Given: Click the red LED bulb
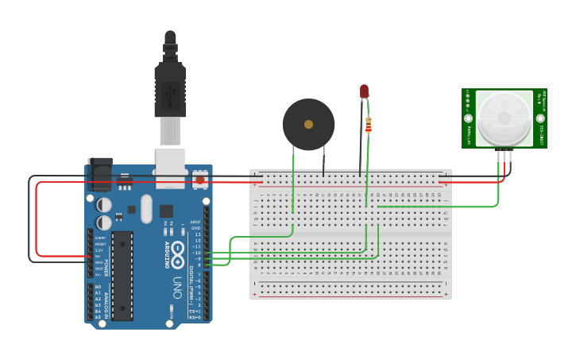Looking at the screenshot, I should tap(365, 91).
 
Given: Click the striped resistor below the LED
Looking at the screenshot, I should tap(368, 125).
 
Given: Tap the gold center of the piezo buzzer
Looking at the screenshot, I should tap(308, 124).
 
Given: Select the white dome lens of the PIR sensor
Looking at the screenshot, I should tap(504, 118).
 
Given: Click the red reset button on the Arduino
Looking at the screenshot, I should tap(199, 180).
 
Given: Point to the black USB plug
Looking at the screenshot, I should tap(170, 87).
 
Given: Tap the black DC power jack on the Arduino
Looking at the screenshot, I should tap(100, 175).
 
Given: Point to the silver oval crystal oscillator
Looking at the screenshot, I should tap(146, 209).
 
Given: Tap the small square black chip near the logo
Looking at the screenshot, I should tap(166, 211).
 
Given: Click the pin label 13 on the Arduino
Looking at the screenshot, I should tap(197, 234).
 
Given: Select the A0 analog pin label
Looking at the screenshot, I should tap(98, 286).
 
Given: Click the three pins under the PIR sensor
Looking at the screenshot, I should tap(504, 156).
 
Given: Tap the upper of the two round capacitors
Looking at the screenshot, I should tap(104, 204).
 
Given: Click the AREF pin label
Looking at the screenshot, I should tap(195, 222).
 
